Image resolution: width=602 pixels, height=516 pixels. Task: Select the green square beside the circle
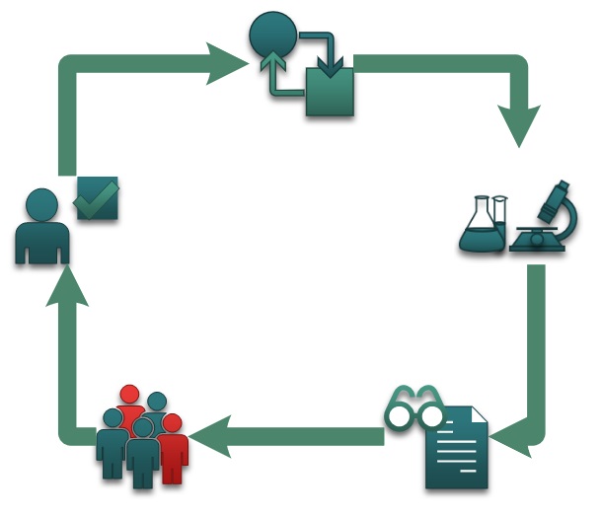pos(329,93)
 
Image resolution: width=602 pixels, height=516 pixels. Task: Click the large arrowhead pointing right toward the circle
pos(231,65)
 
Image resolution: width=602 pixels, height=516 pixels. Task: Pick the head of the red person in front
pos(172,423)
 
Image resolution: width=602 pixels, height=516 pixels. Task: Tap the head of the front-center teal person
pos(144,429)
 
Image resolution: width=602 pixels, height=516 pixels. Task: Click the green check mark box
pos(98,199)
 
